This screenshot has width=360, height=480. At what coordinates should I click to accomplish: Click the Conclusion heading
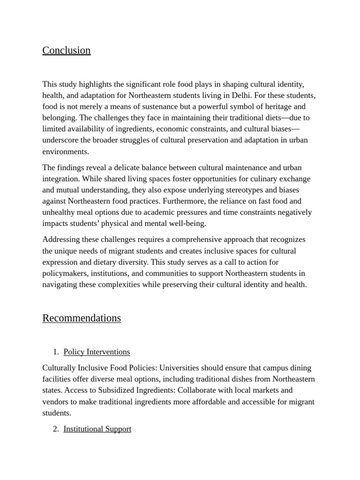(67, 51)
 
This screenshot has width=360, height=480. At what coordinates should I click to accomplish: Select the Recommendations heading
(82, 318)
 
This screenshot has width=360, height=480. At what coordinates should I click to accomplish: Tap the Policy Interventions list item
(97, 352)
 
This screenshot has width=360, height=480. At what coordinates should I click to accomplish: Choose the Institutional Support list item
(97, 429)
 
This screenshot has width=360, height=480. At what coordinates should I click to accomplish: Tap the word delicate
(122, 168)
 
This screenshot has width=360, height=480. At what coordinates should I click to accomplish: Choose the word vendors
(55, 402)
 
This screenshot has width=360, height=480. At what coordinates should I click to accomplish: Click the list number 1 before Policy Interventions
(55, 352)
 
